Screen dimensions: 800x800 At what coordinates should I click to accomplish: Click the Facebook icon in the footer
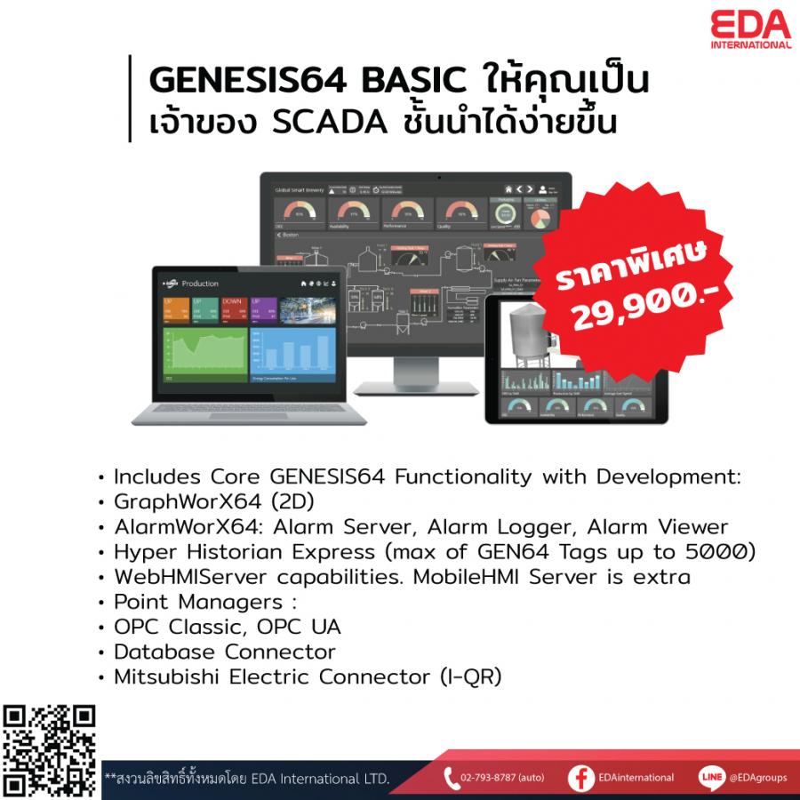pyautogui.click(x=581, y=777)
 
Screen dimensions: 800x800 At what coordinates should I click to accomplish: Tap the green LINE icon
pyautogui.click(x=710, y=777)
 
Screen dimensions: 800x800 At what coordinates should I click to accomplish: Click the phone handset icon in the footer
pyautogui.click(x=450, y=777)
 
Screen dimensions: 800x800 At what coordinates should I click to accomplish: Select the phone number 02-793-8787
pyautogui.click(x=491, y=778)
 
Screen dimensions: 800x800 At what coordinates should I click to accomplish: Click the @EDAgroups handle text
pyautogui.click(x=757, y=778)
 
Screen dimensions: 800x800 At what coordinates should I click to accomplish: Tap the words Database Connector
pyautogui.click(x=225, y=652)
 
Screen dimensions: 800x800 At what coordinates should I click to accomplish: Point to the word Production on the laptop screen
pyautogui.click(x=200, y=283)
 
